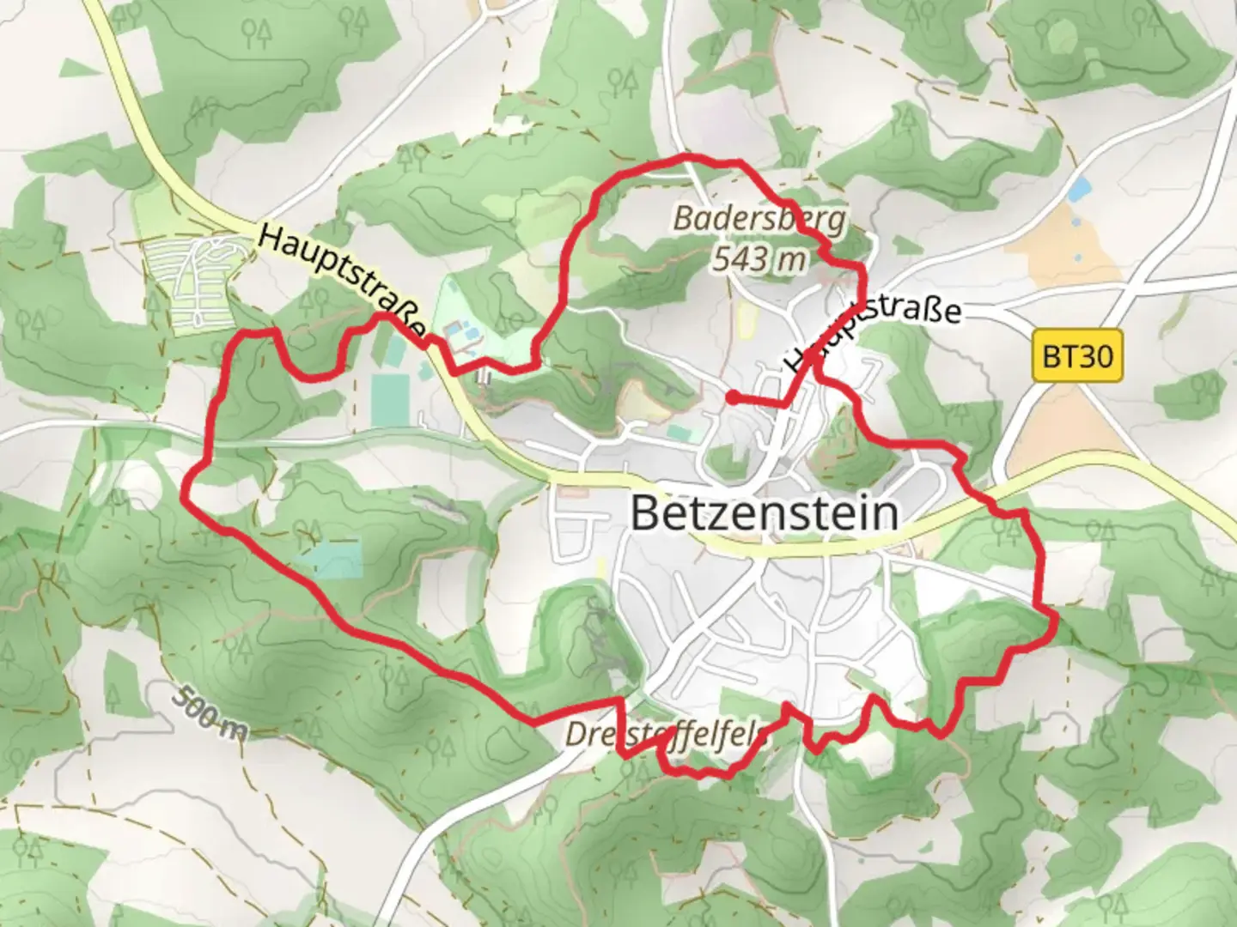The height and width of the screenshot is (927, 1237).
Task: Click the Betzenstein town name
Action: pos(765,513)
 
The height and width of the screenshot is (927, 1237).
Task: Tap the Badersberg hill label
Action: pos(759,219)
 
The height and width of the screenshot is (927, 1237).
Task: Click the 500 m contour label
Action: pos(209,712)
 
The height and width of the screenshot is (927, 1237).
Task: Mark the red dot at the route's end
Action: pos(732,397)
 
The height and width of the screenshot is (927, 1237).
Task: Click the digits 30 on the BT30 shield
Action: pos(1095,355)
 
